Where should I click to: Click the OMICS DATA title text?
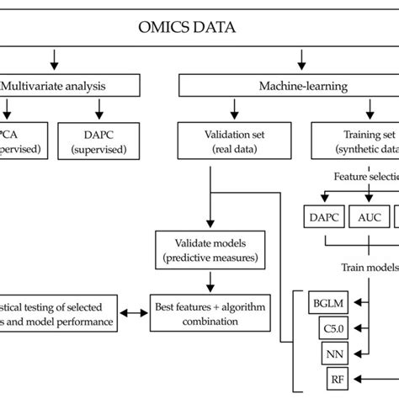point(188,27)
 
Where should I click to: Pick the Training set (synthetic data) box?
point(354,138)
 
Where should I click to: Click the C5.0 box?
point(334,327)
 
